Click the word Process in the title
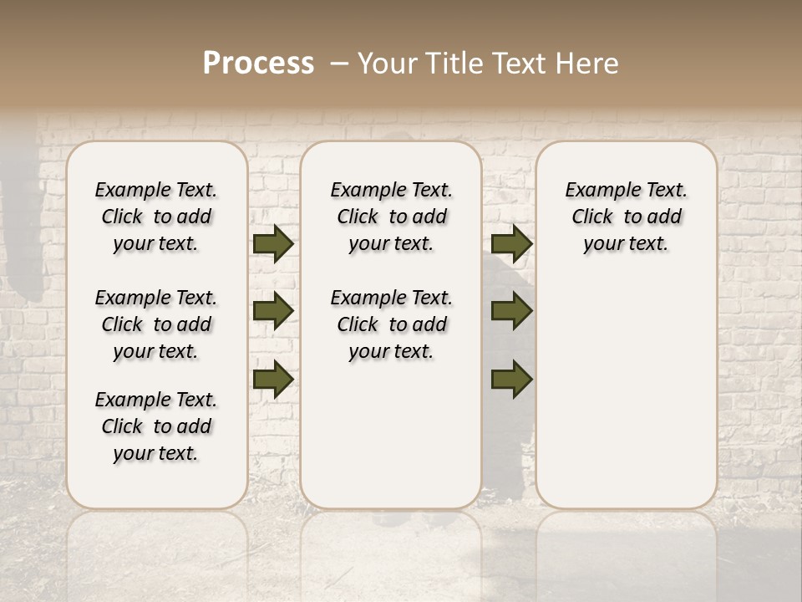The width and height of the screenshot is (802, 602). pyautogui.click(x=258, y=64)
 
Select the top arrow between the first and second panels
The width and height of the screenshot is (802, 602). pyautogui.click(x=273, y=244)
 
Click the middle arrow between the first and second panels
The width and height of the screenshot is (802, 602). pyautogui.click(x=273, y=311)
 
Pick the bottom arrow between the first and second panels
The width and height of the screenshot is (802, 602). pyautogui.click(x=273, y=379)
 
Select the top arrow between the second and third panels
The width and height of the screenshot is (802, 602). pyautogui.click(x=511, y=244)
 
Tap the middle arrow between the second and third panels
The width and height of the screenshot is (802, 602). pyautogui.click(x=511, y=311)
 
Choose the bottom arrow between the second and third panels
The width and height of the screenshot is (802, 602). pyautogui.click(x=511, y=379)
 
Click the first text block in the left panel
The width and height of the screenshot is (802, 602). pyautogui.click(x=156, y=217)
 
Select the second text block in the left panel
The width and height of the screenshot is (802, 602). pyautogui.click(x=156, y=324)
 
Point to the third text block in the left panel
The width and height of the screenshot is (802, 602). pyautogui.click(x=156, y=426)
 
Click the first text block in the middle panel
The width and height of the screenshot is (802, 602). pyautogui.click(x=391, y=217)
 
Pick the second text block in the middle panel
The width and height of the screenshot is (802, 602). pyautogui.click(x=391, y=324)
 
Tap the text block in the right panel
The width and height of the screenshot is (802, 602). pyautogui.click(x=626, y=217)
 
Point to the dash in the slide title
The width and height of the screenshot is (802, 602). pyautogui.click(x=339, y=64)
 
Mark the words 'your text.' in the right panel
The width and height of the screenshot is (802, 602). pyautogui.click(x=626, y=244)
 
